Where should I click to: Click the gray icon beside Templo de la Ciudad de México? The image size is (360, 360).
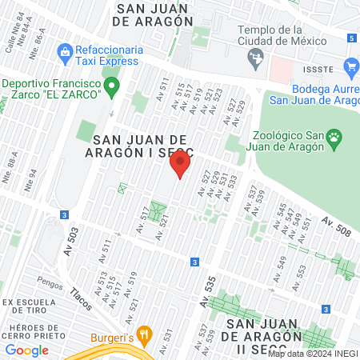(256, 56)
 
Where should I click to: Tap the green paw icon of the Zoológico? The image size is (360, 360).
(334, 142)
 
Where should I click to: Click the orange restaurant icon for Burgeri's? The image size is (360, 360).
(144, 333)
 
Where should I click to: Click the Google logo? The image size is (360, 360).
(26, 350)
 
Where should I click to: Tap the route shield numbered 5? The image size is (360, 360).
(352, 38)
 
